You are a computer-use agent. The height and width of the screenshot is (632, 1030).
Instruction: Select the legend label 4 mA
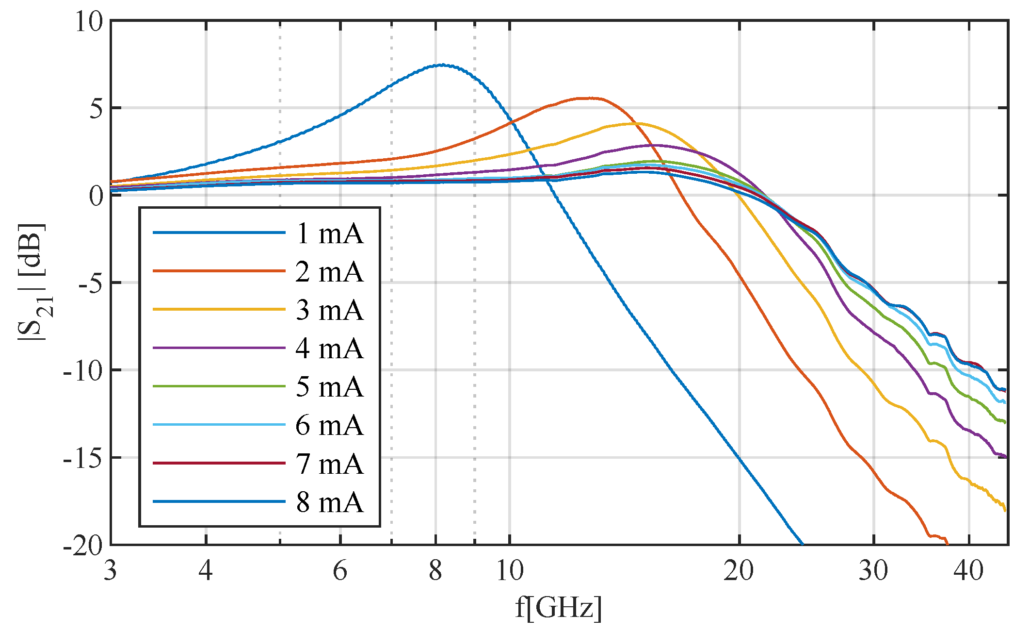[x=329, y=348]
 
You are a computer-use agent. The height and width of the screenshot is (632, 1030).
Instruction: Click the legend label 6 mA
[x=329, y=425]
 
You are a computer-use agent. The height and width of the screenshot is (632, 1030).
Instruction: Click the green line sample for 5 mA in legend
[x=219, y=386]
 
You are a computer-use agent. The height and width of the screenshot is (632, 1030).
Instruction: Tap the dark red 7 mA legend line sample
[x=219, y=464]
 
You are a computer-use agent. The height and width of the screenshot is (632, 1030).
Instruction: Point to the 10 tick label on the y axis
[x=89, y=21]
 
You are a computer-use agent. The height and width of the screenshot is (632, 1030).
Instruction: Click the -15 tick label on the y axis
[x=83, y=457]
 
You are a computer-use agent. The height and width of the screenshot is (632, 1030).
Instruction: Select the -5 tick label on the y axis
[x=90, y=283]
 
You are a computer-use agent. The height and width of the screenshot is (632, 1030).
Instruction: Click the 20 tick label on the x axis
[x=739, y=571]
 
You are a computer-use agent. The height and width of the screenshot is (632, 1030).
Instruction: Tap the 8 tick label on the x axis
[x=435, y=571]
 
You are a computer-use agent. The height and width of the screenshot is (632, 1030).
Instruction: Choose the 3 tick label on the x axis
[x=111, y=571]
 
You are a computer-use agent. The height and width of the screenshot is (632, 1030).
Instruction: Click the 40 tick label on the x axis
[x=968, y=571]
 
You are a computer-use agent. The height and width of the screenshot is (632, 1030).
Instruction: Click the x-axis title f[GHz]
[x=559, y=607]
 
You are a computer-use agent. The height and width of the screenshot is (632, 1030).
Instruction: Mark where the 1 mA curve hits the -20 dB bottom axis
[x=803, y=544]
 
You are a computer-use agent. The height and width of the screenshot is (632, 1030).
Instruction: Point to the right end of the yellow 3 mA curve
[x=1005, y=510]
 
